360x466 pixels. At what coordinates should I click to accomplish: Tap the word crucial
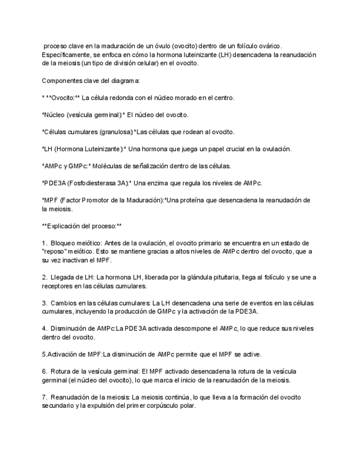click(x=212, y=149)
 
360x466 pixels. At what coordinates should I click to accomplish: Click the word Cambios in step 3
click(x=64, y=303)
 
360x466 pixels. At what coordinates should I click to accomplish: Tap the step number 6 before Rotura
click(x=43, y=371)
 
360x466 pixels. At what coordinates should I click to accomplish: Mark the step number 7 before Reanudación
click(x=43, y=397)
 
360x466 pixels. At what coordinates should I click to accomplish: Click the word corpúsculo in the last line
click(x=179, y=406)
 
